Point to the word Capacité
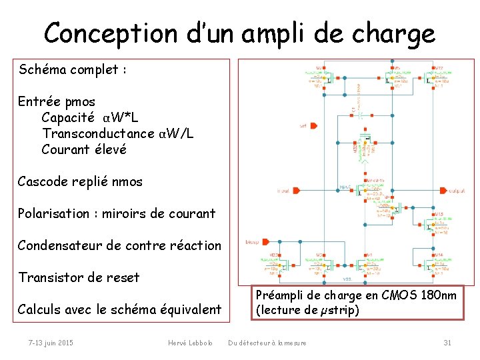(x=68, y=118)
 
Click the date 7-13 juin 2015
(x=51, y=343)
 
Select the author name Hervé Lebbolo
(x=190, y=343)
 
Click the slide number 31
(x=447, y=343)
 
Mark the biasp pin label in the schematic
(x=252, y=242)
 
